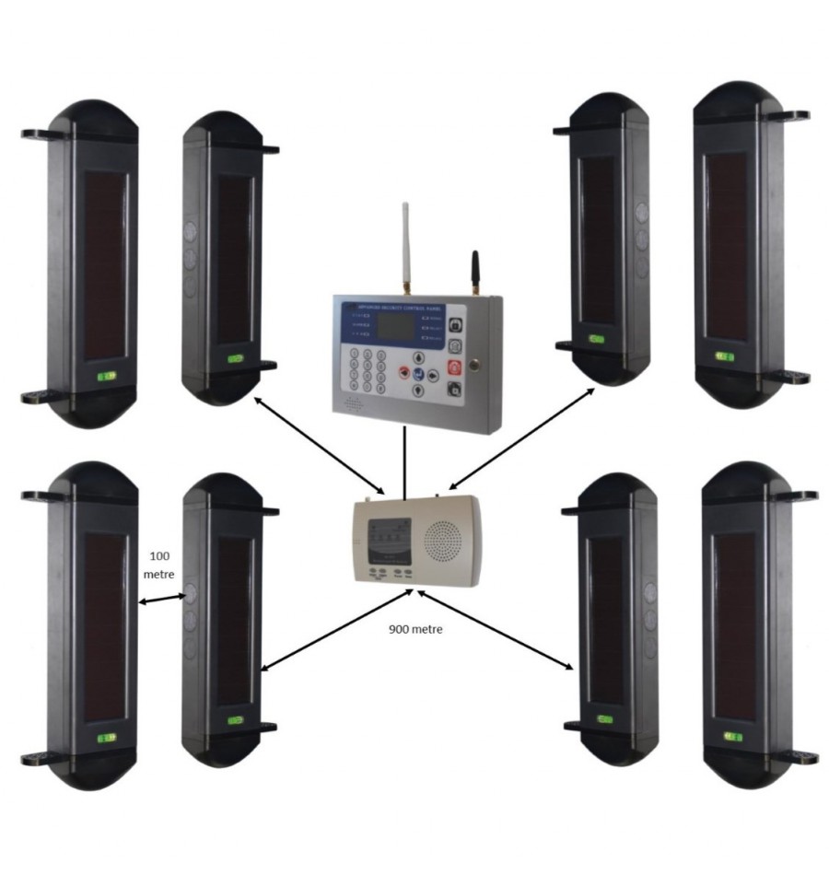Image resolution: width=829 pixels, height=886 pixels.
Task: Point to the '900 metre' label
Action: (414, 630)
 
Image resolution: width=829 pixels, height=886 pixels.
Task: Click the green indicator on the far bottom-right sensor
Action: (733, 737)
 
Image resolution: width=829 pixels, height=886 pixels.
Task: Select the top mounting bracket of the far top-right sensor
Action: (785, 116)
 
